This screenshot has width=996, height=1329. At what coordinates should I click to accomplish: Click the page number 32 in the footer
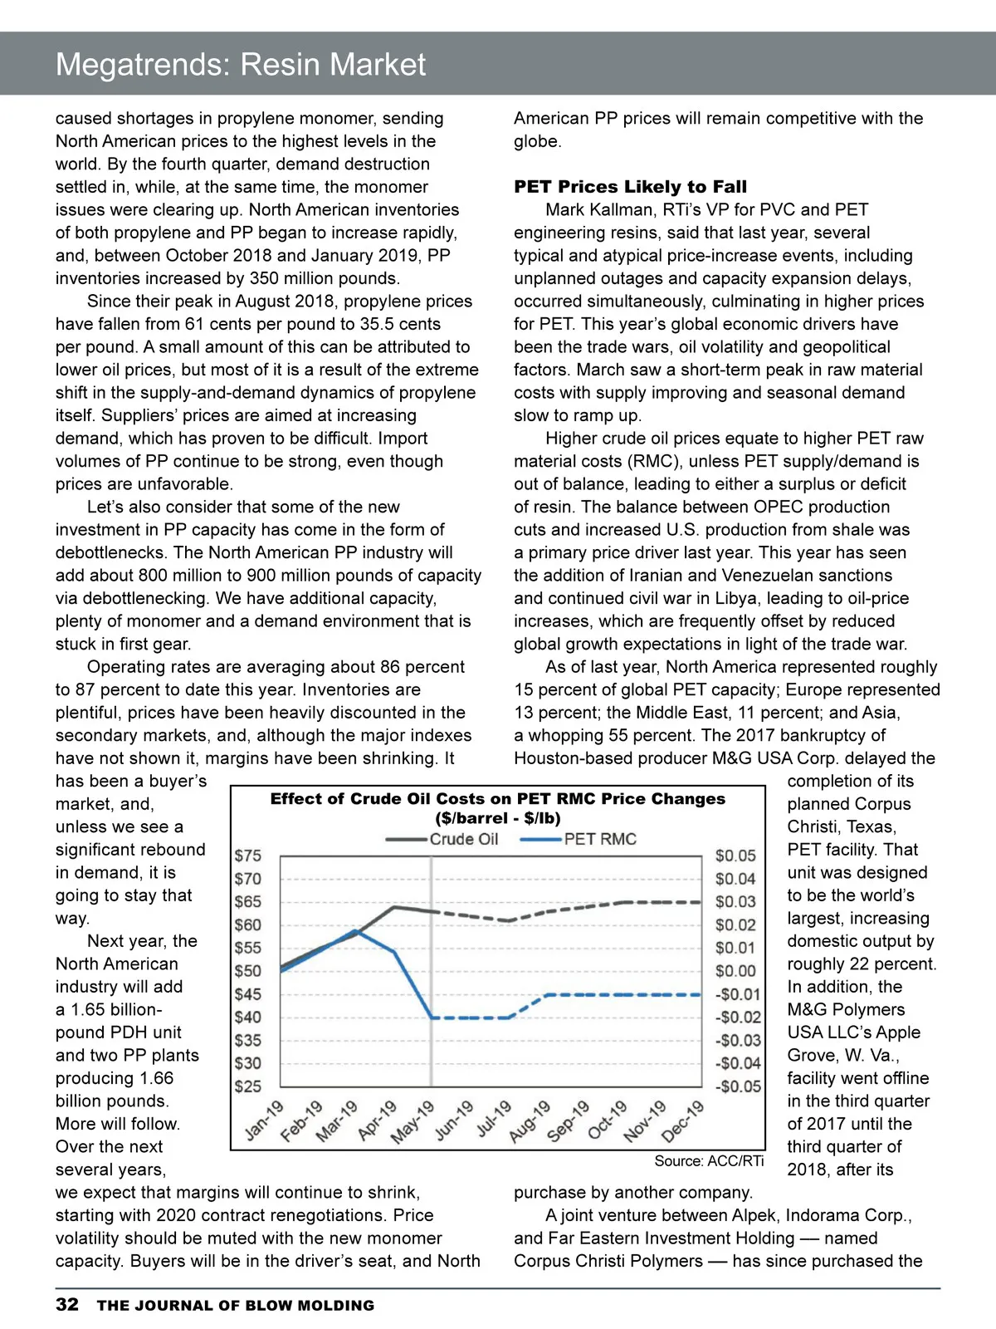[x=67, y=1304]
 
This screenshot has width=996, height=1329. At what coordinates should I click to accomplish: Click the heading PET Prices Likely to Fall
[x=630, y=187]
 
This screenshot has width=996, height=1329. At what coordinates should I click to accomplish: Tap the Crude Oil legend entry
[x=443, y=839]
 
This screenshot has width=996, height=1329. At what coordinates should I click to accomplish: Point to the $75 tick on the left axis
[x=248, y=856]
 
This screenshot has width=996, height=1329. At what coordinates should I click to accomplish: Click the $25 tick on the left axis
[x=248, y=1086]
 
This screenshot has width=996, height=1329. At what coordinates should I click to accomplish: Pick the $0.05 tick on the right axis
[x=735, y=856]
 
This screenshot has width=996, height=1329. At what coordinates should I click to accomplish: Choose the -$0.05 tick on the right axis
[x=738, y=1086]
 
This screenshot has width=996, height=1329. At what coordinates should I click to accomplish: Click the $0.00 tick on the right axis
[x=735, y=970]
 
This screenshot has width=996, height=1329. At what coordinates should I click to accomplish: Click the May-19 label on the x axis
[x=413, y=1121]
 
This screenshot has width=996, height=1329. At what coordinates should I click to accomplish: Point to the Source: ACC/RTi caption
[x=708, y=1161]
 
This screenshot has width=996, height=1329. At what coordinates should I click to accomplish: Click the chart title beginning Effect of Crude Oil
[x=497, y=799]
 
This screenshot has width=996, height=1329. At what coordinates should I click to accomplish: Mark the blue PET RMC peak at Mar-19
[x=356, y=931]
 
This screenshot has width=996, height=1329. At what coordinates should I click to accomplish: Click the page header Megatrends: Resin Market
[x=241, y=64]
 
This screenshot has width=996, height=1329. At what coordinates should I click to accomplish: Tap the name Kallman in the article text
[x=628, y=210]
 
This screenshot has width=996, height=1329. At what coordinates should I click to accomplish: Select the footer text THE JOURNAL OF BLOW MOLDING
[x=236, y=1306]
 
